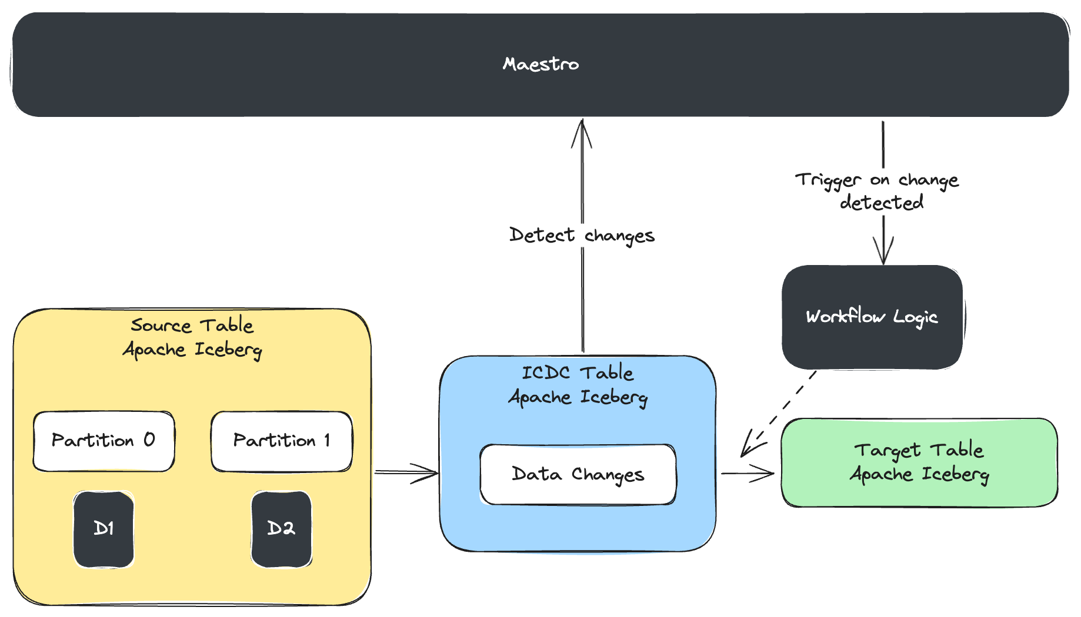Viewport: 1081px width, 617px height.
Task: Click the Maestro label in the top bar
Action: click(540, 64)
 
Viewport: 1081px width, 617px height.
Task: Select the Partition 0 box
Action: click(104, 441)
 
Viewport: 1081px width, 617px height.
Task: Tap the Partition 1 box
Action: click(281, 441)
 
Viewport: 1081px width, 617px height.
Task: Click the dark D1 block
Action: click(104, 529)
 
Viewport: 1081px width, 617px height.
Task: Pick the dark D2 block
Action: click(281, 529)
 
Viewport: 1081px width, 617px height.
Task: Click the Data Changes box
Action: click(578, 474)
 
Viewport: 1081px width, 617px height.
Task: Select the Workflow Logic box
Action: click(872, 317)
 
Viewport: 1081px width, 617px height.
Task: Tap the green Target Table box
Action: click(919, 462)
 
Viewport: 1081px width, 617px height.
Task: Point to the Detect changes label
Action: click(581, 235)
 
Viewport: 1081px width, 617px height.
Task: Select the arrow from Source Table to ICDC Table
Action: click(407, 472)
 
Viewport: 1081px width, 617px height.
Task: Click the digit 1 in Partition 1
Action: click(327, 440)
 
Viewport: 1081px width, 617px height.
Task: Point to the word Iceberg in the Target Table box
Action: click(955, 474)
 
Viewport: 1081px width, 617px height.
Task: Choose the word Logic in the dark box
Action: click(915, 317)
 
